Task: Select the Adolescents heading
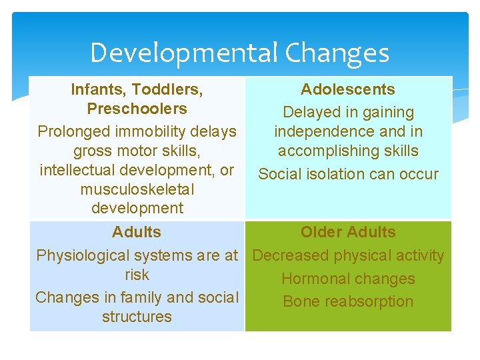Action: [x=347, y=89]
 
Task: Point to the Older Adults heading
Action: [x=347, y=232]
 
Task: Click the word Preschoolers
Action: [x=137, y=109]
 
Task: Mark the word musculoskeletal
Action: [x=137, y=189]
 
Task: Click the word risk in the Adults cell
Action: [x=137, y=275]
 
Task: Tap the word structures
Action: [x=137, y=317]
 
